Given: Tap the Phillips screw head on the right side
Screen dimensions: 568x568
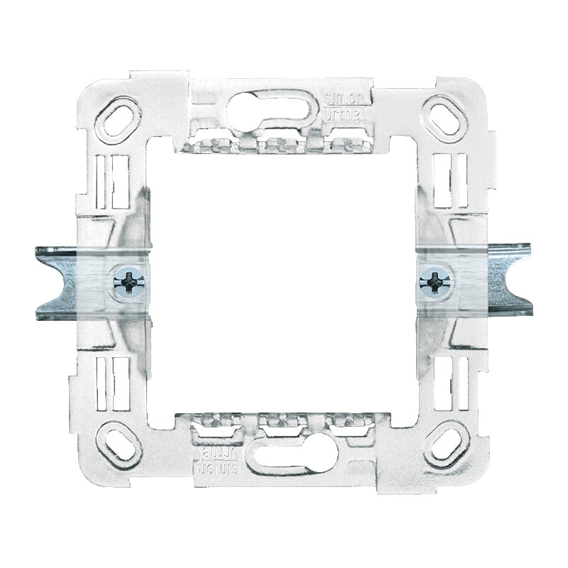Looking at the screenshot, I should click(x=432, y=282).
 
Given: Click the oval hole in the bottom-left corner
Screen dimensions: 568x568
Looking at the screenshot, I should click(x=119, y=444).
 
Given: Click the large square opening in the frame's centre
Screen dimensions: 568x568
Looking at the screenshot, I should click(x=283, y=282).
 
